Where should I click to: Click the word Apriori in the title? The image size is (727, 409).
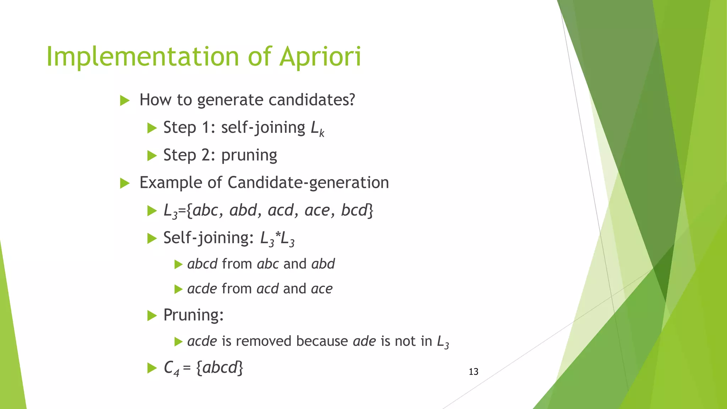click(x=320, y=57)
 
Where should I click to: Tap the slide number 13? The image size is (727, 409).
click(x=474, y=372)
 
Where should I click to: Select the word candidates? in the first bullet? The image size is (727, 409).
click(x=312, y=100)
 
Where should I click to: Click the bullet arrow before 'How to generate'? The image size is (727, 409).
click(x=125, y=100)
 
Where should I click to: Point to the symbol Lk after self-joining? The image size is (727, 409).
click(x=317, y=129)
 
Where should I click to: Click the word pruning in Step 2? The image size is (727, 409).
click(x=249, y=156)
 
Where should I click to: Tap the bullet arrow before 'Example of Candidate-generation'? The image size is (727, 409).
click(x=125, y=184)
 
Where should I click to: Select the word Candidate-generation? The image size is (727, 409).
click(x=308, y=183)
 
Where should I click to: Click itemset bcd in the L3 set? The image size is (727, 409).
click(x=354, y=210)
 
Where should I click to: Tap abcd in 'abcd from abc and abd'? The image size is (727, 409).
click(x=202, y=264)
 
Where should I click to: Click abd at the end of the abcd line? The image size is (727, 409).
click(x=323, y=264)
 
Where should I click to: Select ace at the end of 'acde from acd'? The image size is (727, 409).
click(x=322, y=289)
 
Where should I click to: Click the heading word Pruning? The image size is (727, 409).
click(x=193, y=315)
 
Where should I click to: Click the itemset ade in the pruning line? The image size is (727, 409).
click(x=364, y=341)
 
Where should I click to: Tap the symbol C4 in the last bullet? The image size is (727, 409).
click(x=171, y=368)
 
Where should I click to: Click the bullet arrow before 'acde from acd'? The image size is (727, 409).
click(x=178, y=289)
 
